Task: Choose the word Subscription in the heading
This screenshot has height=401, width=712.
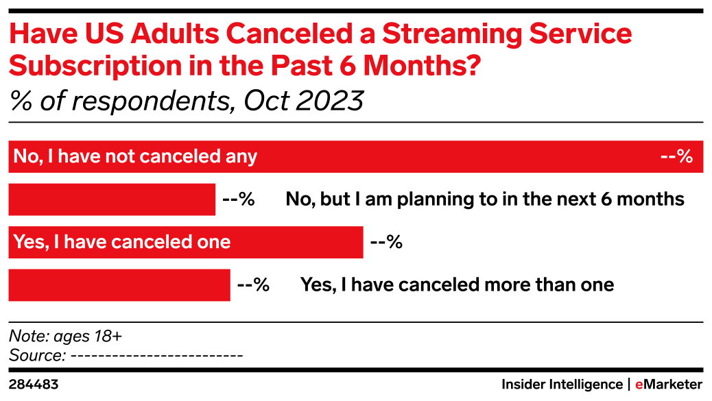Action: click(95, 66)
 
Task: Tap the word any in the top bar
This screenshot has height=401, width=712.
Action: click(241, 158)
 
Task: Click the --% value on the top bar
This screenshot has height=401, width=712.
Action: click(676, 157)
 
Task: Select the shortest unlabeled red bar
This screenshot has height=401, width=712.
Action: click(112, 199)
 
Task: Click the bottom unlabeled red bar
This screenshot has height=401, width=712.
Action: click(119, 285)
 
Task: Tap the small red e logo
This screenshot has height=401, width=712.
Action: click(639, 385)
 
